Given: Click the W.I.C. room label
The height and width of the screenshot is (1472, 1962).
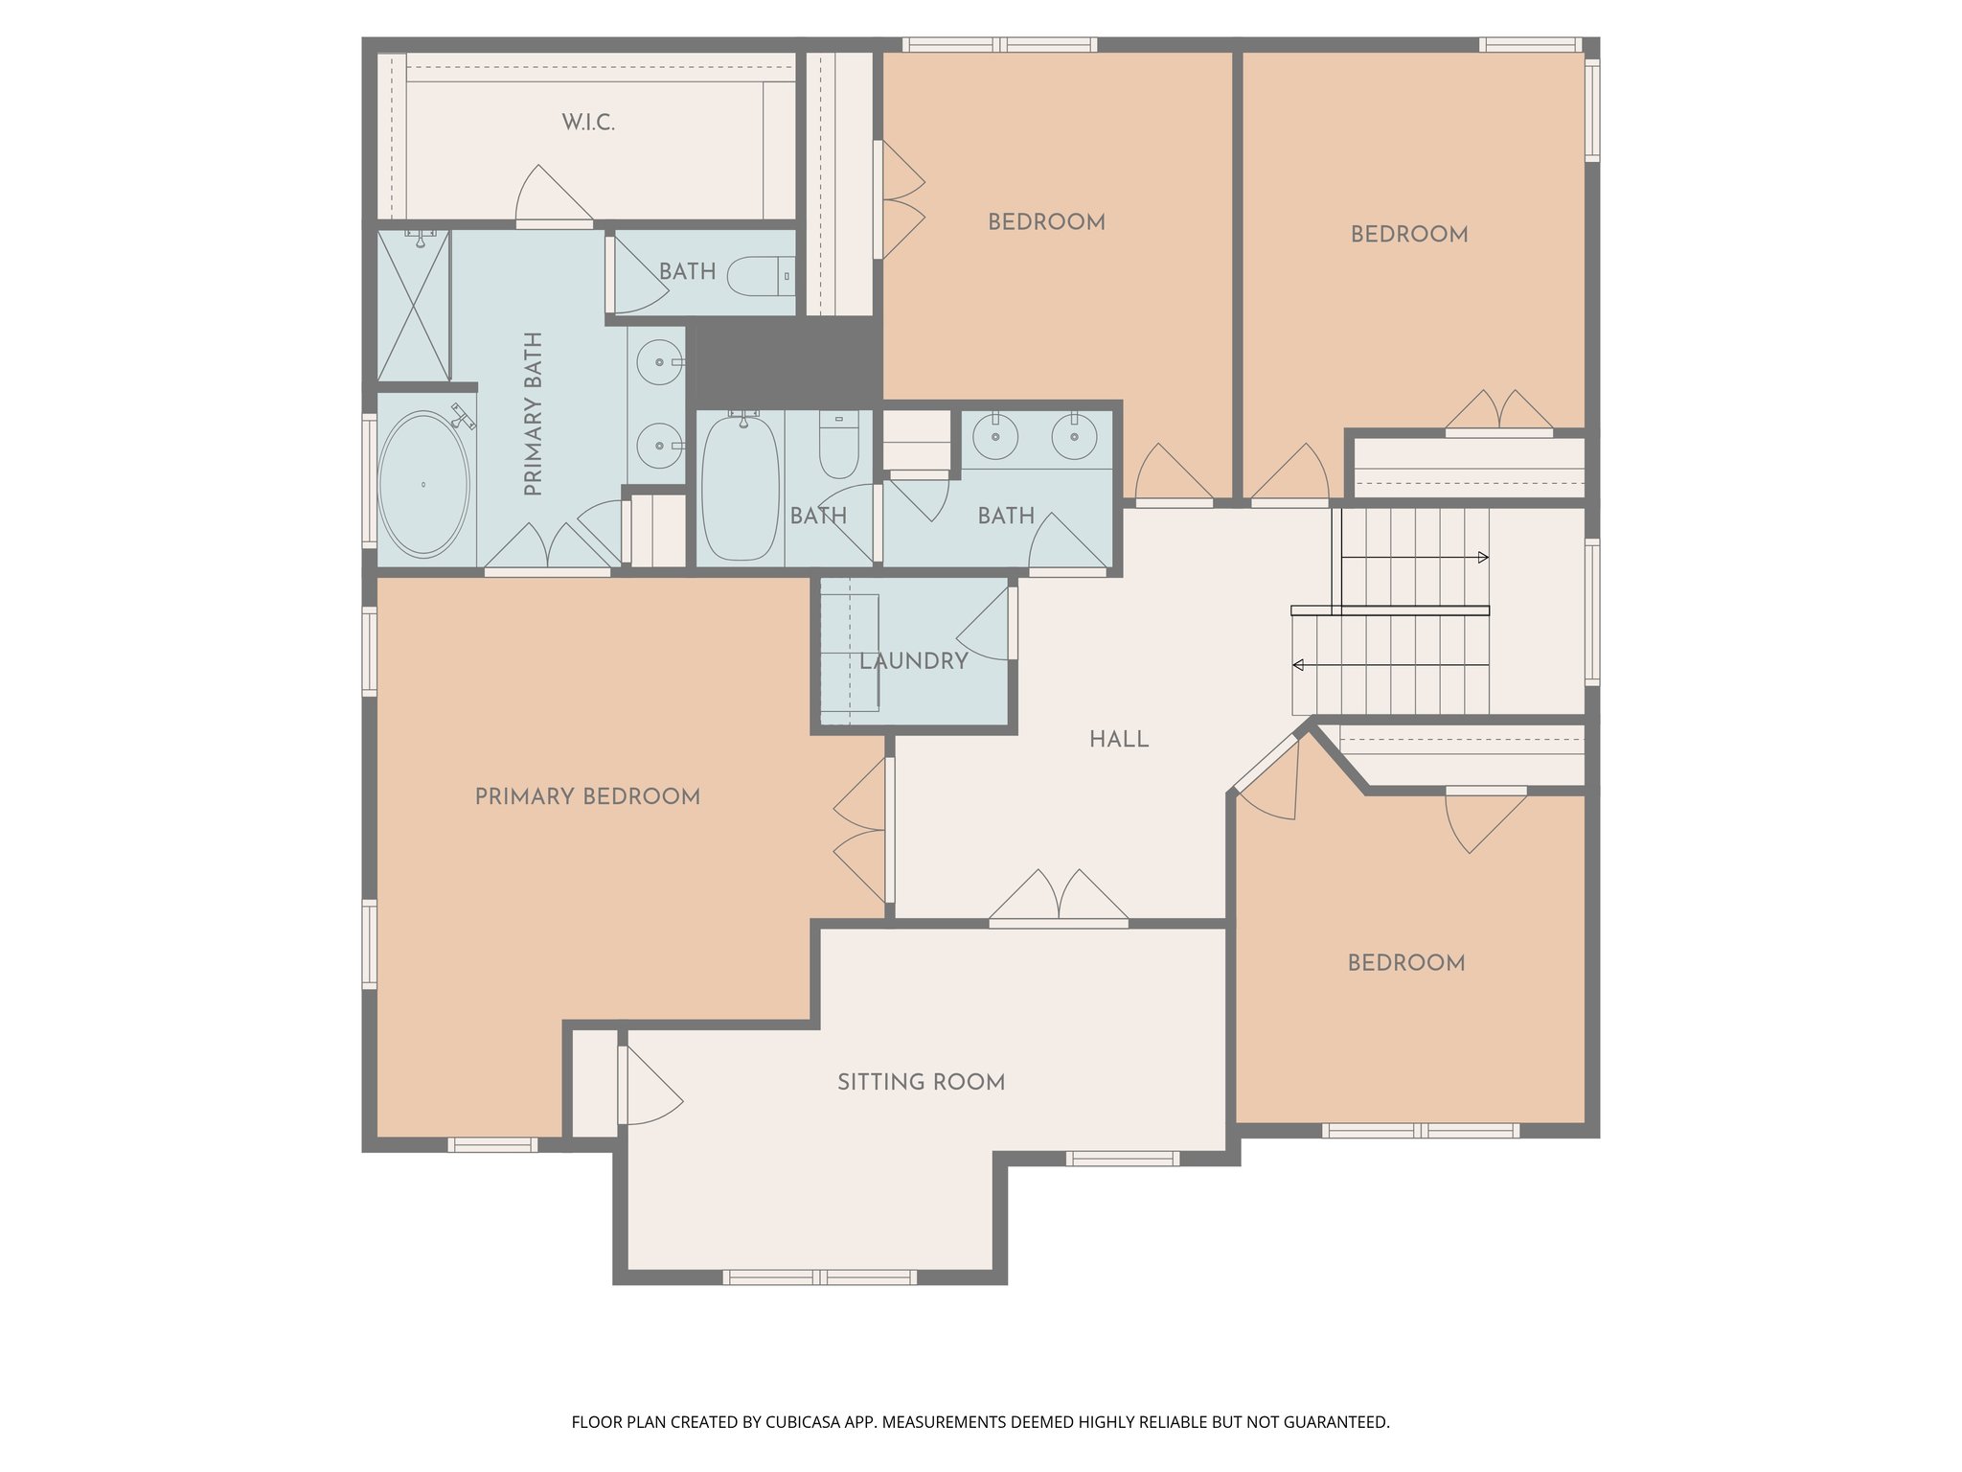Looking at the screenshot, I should click(x=588, y=123).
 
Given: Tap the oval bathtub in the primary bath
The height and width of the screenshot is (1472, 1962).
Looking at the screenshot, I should click(x=423, y=485).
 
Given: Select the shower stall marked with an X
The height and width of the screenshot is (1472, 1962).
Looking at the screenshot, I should click(x=414, y=305).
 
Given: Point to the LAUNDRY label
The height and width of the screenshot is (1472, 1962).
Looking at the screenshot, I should click(x=913, y=661).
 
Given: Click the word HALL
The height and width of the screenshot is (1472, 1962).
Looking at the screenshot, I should click(x=1118, y=740).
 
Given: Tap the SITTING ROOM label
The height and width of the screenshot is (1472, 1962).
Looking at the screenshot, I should click(x=921, y=1082).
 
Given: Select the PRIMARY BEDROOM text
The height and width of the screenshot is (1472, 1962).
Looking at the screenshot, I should click(x=587, y=796).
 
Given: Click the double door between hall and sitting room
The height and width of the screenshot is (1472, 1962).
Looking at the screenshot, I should click(x=1058, y=901).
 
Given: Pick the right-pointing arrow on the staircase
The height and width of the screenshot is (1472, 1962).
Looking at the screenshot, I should click(x=1483, y=558).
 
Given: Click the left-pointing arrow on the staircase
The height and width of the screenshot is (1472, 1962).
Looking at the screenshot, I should click(x=1298, y=665).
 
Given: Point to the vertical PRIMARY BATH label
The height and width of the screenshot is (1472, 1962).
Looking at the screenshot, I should click(x=534, y=414).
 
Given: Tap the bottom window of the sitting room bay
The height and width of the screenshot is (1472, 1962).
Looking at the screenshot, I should click(x=819, y=1276).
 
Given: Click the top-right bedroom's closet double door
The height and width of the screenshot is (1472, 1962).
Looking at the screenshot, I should click(x=1498, y=412).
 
